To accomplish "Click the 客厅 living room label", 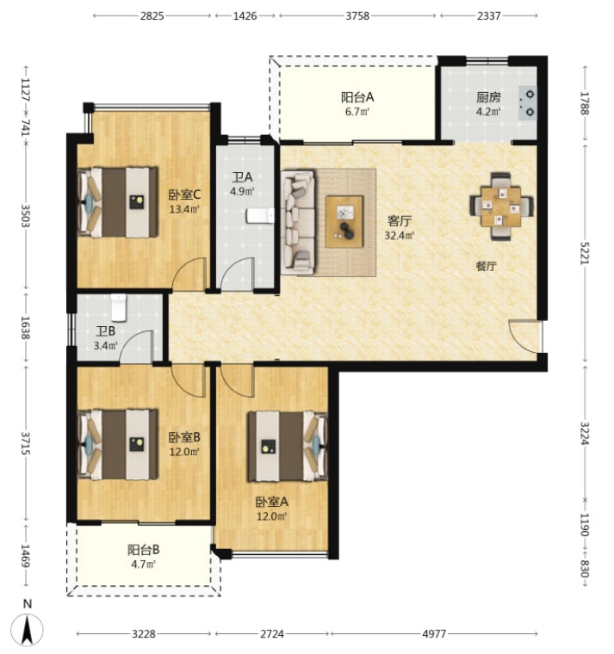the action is click(400, 220).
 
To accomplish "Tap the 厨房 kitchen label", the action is click(488, 97).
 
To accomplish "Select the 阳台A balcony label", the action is click(357, 97).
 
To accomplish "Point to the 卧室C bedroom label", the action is click(184, 194).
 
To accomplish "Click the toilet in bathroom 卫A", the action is click(260, 216).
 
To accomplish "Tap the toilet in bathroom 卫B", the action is click(119, 307).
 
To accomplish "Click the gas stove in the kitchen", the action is click(528, 103).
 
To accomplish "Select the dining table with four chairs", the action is click(501, 207).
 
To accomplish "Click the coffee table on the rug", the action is click(344, 221).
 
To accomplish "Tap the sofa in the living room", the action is click(298, 222).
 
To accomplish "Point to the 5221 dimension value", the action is click(585, 253).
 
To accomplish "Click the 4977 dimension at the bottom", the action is click(435, 634).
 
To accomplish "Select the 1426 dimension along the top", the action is click(245, 15).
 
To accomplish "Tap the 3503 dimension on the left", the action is click(26, 216).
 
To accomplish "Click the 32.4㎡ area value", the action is click(400, 236).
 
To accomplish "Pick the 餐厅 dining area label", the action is click(487, 266).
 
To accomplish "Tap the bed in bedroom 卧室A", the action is click(288, 447).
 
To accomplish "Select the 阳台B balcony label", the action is click(143, 550).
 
